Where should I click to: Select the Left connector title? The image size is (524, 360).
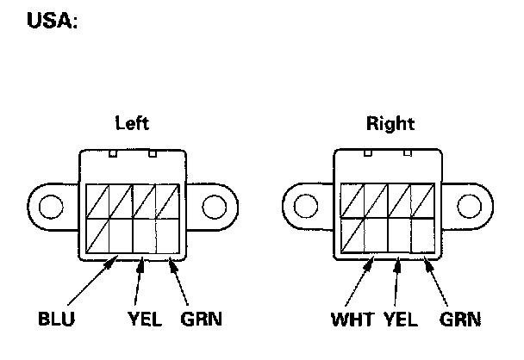[132, 123]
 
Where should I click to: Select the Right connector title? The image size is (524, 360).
[390, 123]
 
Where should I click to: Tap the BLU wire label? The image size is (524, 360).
[57, 320]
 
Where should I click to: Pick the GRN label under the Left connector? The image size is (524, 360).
[202, 320]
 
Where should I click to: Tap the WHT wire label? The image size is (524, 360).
[351, 320]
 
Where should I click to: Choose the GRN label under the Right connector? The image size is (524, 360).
[460, 320]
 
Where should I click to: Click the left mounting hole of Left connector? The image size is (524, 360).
[52, 208]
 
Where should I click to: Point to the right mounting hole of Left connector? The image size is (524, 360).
[212, 208]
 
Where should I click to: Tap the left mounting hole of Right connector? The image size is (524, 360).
[305, 208]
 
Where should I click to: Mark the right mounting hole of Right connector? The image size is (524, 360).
[468, 208]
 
